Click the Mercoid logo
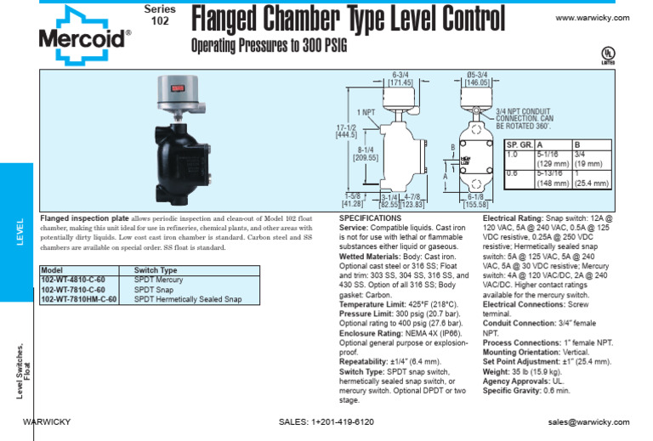tap(84, 32)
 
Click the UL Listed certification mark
tap(608, 54)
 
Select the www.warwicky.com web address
tap(592, 18)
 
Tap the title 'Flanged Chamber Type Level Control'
tap(348, 18)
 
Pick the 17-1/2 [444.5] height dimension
tap(346, 129)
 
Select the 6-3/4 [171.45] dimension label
tap(400, 79)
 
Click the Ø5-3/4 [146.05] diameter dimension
tap(476, 79)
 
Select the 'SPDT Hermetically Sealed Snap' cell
tap(188, 299)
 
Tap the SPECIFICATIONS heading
tap(371, 218)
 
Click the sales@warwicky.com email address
tap(588, 421)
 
